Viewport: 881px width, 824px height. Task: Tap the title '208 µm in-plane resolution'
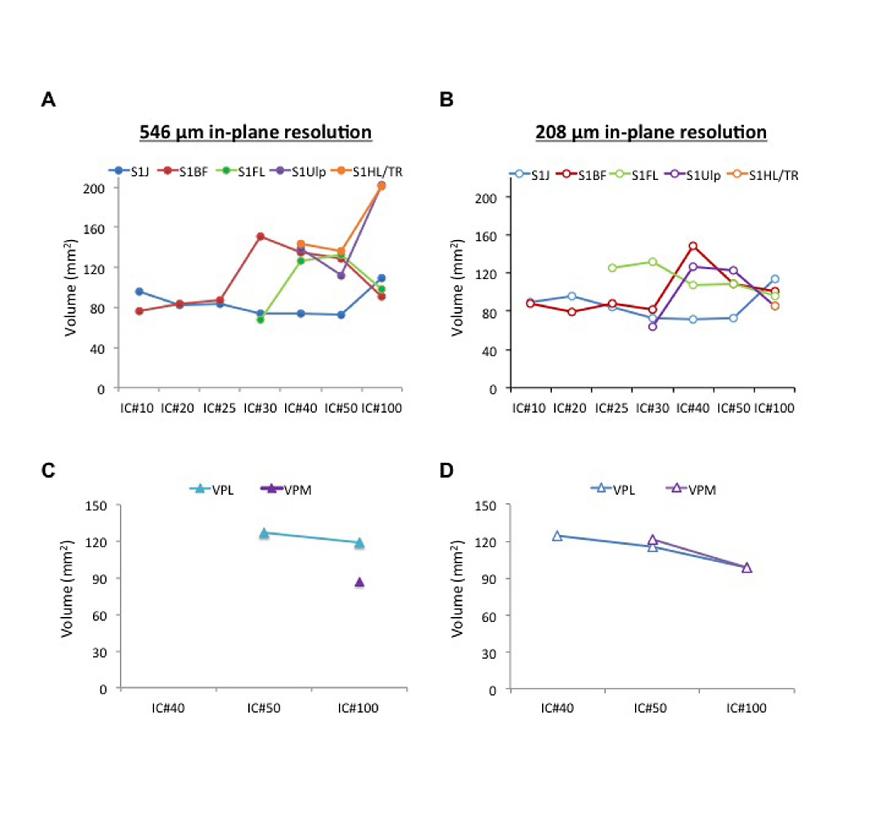(650, 132)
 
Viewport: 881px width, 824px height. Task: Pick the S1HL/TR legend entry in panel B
(763, 175)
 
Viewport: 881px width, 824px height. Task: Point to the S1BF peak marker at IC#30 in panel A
(260, 236)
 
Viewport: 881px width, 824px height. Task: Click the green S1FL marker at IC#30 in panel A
(260, 319)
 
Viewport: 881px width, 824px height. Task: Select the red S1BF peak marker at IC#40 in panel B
(693, 246)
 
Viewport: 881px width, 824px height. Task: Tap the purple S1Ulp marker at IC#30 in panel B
(652, 326)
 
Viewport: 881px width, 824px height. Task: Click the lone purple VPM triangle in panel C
(359, 582)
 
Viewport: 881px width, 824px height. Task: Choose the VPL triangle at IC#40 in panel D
(557, 536)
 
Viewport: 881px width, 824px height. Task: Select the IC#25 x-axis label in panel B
(611, 408)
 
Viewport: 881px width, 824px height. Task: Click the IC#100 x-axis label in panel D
(746, 708)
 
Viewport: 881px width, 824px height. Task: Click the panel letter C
(48, 470)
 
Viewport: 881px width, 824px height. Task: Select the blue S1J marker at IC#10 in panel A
(139, 292)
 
